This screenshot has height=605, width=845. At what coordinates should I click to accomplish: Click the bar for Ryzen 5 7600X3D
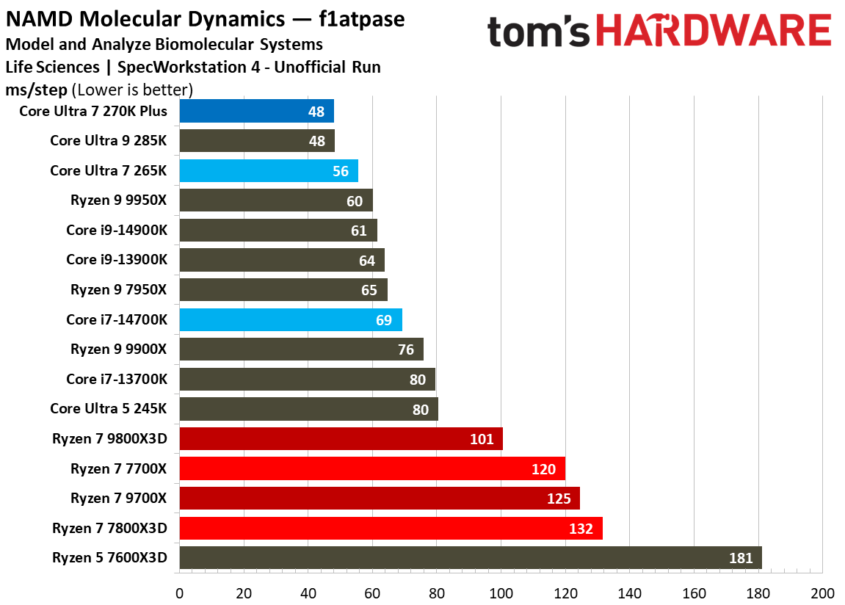click(x=470, y=557)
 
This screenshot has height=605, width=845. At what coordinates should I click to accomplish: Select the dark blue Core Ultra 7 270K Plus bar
click(x=256, y=112)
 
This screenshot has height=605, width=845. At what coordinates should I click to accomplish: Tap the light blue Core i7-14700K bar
click(x=290, y=320)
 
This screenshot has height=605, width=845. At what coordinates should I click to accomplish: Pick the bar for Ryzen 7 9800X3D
click(x=341, y=439)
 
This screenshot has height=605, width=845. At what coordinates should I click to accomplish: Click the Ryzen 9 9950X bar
click(x=275, y=200)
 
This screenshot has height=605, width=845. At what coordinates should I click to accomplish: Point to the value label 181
click(x=741, y=558)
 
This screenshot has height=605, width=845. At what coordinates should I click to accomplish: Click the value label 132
click(x=581, y=528)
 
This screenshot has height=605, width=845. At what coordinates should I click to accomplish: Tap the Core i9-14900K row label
click(x=117, y=231)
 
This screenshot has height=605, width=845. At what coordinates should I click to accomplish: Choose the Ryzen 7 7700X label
click(x=119, y=468)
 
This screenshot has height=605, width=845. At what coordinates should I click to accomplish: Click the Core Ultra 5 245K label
click(x=109, y=409)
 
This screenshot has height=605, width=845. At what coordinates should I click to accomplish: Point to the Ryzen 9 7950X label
click(x=119, y=290)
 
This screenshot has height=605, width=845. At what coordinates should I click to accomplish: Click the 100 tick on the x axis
click(x=501, y=593)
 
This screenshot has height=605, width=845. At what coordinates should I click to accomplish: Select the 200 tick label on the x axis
click(x=822, y=593)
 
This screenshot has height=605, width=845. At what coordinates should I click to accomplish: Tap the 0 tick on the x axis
click(x=179, y=593)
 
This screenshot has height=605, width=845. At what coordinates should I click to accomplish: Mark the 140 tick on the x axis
click(x=630, y=593)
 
